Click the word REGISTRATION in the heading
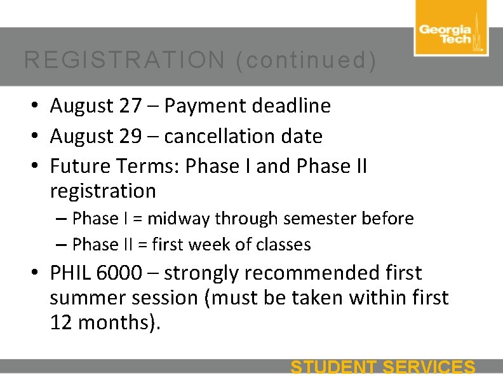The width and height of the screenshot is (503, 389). tap(124, 60)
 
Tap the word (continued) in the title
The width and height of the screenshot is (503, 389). tap(305, 60)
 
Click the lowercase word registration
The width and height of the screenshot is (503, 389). tap(103, 191)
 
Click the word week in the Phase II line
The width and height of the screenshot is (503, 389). tap(211, 245)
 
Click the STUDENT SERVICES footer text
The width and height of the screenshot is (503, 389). tap(382, 367)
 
